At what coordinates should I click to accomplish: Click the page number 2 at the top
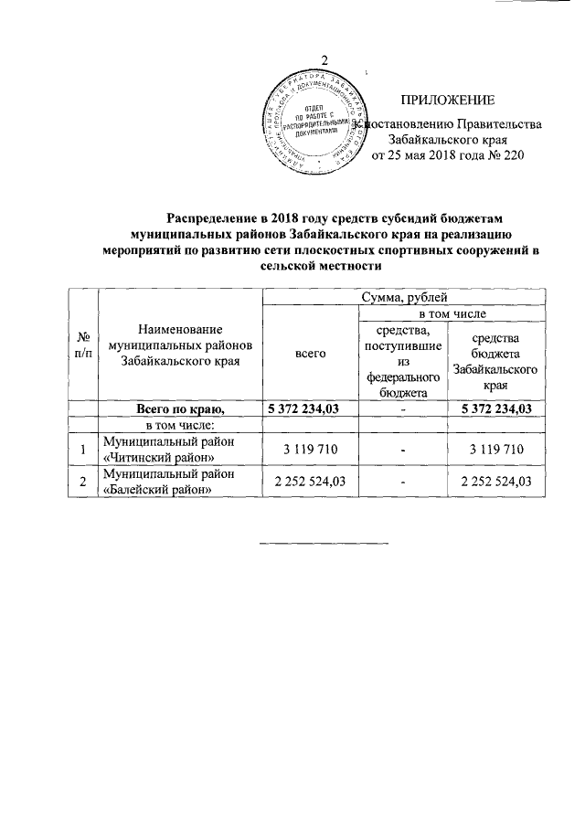298,62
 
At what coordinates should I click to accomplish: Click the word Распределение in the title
216,217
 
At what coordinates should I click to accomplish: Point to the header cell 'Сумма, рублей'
404,297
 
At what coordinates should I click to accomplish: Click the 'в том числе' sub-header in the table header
452,313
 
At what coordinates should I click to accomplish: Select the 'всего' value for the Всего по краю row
304,408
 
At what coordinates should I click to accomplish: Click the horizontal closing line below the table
324,543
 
